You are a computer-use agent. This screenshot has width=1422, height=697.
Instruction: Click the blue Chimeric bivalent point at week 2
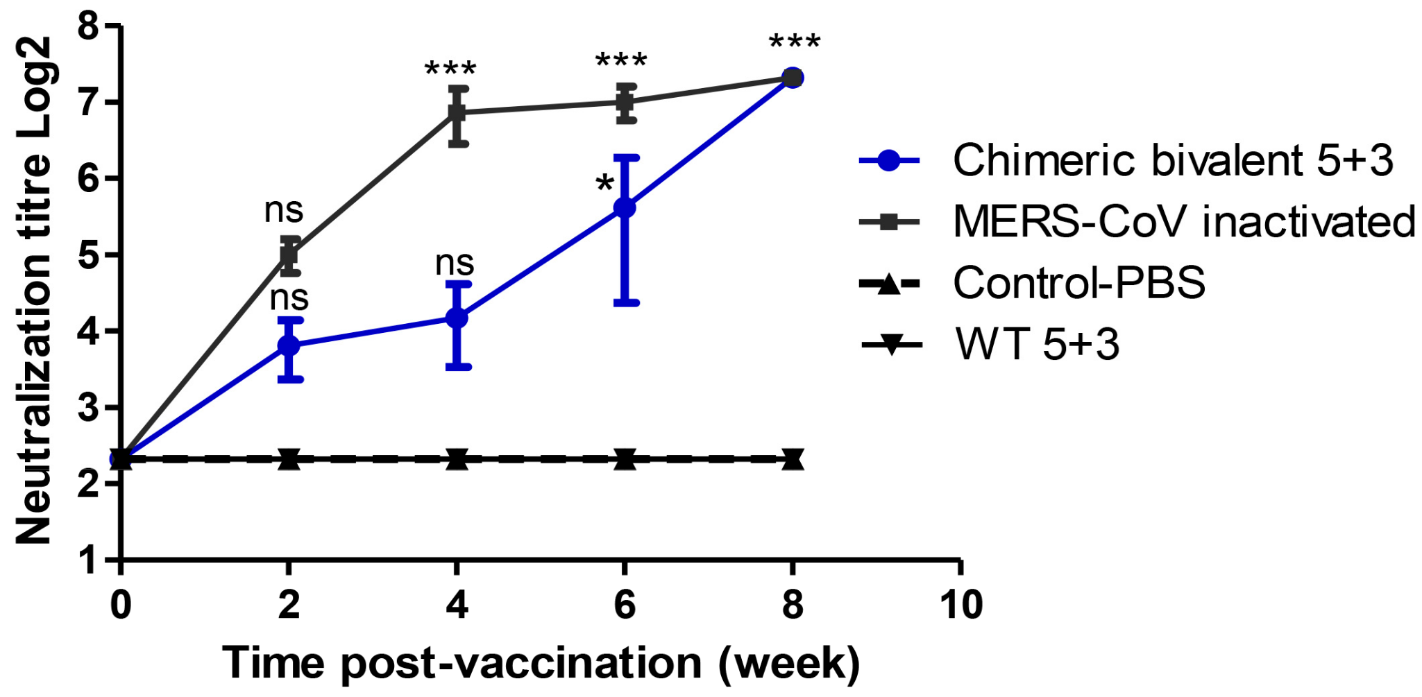(289, 345)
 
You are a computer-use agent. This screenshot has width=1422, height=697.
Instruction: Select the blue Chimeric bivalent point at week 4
(457, 318)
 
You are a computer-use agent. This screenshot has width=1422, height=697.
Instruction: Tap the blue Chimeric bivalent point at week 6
(625, 207)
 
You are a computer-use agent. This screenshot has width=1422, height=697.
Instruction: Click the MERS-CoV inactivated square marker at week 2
(289, 254)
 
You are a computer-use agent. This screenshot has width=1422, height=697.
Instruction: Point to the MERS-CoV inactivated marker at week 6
(625, 102)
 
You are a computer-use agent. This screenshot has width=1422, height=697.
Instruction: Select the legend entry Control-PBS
(1078, 283)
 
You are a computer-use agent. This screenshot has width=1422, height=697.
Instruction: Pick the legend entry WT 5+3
(1037, 343)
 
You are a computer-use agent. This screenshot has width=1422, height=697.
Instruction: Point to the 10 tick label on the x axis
(960, 605)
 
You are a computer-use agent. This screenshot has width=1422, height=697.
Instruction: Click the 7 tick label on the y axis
(88, 103)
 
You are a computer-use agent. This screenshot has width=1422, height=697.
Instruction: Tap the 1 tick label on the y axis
(88, 559)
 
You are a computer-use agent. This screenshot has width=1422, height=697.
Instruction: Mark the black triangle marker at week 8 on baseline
(793, 459)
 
